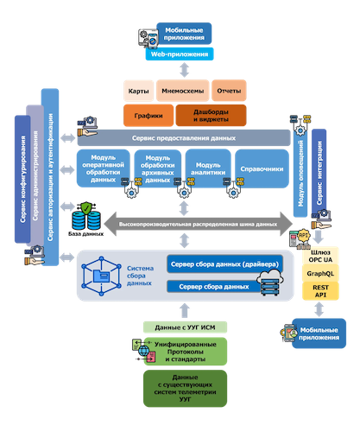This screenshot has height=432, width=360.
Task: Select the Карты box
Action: click(137, 91)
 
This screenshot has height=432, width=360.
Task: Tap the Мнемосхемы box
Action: click(180, 91)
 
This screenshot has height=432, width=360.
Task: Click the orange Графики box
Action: click(148, 114)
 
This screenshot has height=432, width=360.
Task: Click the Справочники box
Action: click(261, 168)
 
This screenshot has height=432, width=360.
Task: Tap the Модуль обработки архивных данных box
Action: click(158, 168)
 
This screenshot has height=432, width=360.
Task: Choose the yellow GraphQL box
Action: click(320, 272)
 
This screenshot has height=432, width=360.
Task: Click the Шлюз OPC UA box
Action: click(320, 254)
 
